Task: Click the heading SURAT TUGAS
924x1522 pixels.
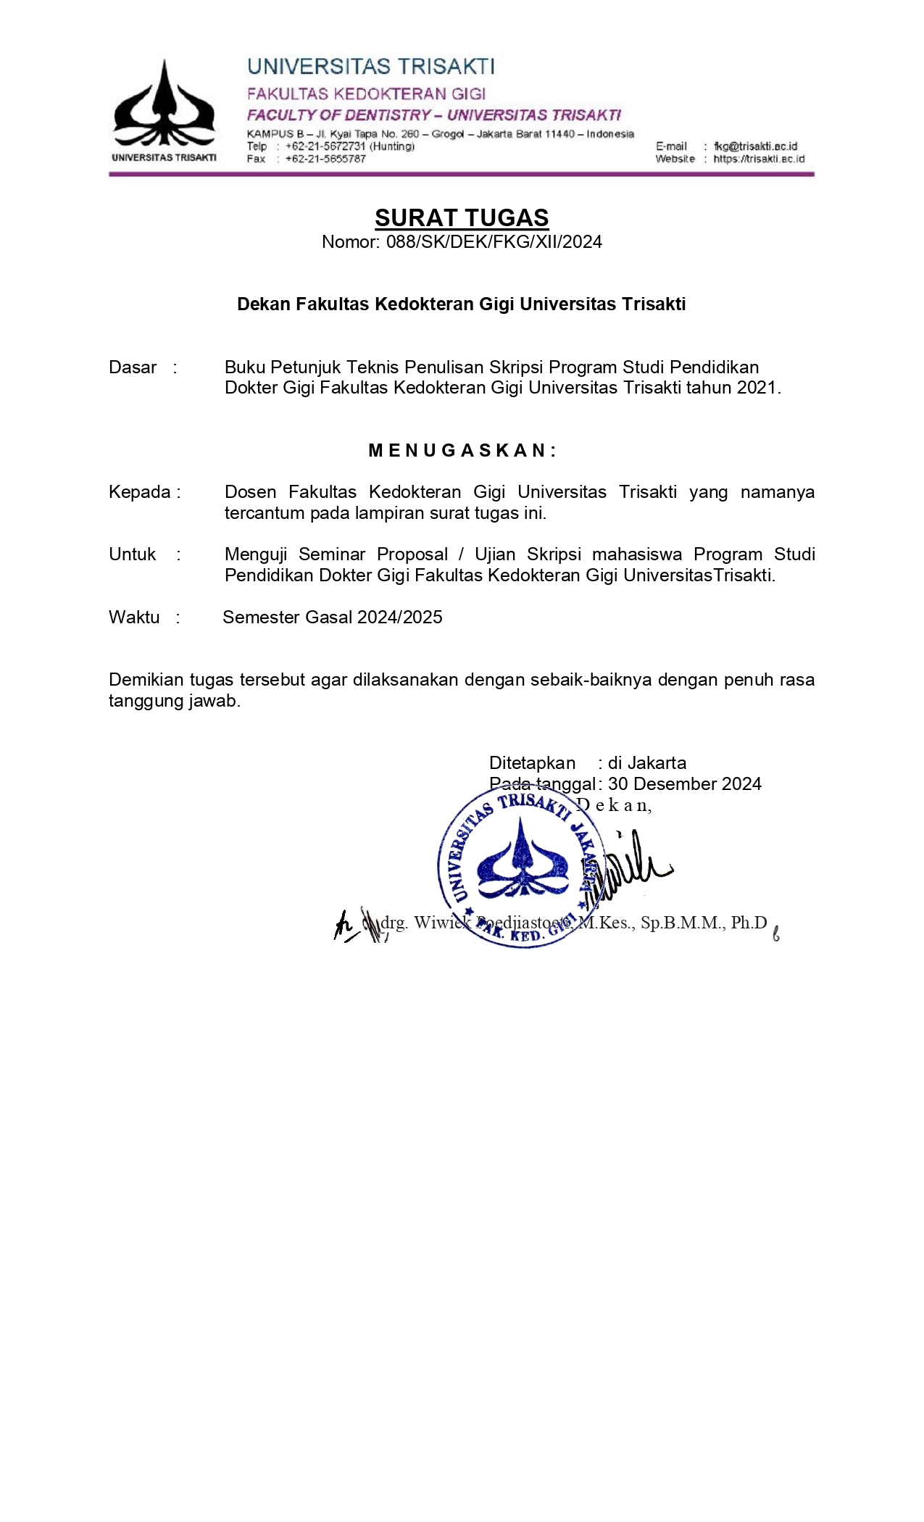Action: pyautogui.click(x=462, y=217)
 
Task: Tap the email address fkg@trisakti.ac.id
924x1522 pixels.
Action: pyautogui.click(x=755, y=146)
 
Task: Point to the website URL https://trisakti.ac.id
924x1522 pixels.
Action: pyautogui.click(x=759, y=159)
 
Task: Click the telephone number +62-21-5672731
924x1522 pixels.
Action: pyautogui.click(x=326, y=146)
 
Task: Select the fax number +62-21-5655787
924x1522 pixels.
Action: pyautogui.click(x=325, y=159)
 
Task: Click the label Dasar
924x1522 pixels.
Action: pyautogui.click(x=133, y=367)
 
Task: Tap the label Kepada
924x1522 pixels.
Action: pyautogui.click(x=140, y=492)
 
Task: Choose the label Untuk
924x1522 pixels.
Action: pyautogui.click(x=133, y=554)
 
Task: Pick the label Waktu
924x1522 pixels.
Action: pyautogui.click(x=134, y=617)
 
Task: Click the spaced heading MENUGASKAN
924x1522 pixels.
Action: pyautogui.click(x=462, y=451)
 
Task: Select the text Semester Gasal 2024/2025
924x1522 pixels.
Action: pyautogui.click(x=333, y=617)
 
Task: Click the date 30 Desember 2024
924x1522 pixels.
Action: pyautogui.click(x=684, y=784)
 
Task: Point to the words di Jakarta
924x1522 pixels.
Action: pyautogui.click(x=647, y=763)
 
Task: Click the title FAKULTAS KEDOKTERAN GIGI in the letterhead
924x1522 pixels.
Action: pyautogui.click(x=366, y=94)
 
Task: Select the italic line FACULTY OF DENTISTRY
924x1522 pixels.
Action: pyautogui.click(x=339, y=115)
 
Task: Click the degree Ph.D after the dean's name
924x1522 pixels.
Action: pyautogui.click(x=749, y=923)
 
